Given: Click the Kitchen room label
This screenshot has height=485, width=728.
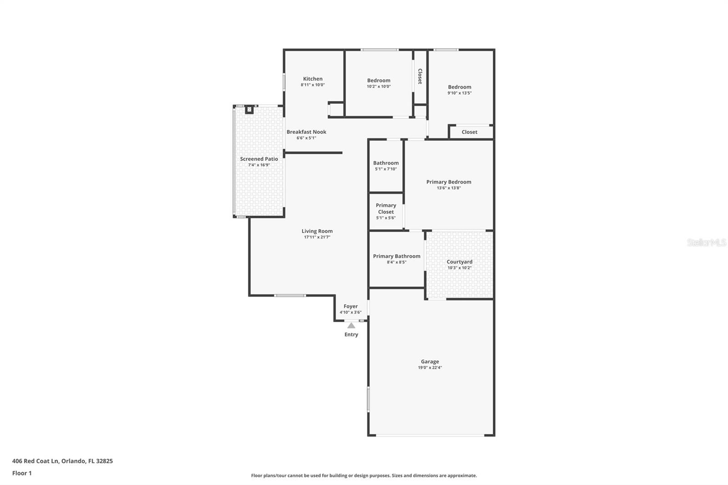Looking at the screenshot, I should pyautogui.click(x=313, y=79).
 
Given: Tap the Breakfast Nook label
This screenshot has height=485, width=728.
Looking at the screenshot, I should pyautogui.click(x=306, y=132).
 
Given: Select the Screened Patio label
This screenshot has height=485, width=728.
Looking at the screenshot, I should pyautogui.click(x=259, y=159).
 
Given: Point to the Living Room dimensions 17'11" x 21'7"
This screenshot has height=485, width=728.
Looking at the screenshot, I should pyautogui.click(x=317, y=237).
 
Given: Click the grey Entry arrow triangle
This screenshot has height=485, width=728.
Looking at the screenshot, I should pyautogui.click(x=351, y=325).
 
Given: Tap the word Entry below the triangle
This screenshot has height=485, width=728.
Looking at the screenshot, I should pyautogui.click(x=351, y=334).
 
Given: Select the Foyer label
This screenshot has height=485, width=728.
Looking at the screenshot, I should pyautogui.click(x=350, y=306).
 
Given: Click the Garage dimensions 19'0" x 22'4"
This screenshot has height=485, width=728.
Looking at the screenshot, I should pyautogui.click(x=430, y=368).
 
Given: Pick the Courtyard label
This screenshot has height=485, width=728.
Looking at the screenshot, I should pyautogui.click(x=460, y=262).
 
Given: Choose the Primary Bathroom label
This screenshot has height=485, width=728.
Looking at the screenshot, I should pyautogui.click(x=397, y=256).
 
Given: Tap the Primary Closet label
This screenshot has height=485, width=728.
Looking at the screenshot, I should pyautogui.click(x=386, y=208).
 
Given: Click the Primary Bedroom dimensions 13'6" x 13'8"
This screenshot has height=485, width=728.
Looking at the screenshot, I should pyautogui.click(x=449, y=188).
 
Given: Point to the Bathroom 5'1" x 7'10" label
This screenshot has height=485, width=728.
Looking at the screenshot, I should pyautogui.click(x=386, y=163).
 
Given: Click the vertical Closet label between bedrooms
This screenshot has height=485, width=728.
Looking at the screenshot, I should pyautogui.click(x=420, y=76).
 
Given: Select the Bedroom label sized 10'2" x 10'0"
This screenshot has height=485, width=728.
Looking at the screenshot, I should pyautogui.click(x=379, y=81).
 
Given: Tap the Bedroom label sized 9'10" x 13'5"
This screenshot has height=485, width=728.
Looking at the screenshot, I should pyautogui.click(x=460, y=87).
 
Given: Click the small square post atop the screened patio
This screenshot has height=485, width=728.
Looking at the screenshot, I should pyautogui.click(x=249, y=110).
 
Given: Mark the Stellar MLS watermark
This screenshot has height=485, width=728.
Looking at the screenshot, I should pyautogui.click(x=706, y=243).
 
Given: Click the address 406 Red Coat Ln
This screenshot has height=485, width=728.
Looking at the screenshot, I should pyautogui.click(x=62, y=461).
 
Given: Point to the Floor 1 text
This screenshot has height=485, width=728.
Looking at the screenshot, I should pyautogui.click(x=22, y=473).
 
